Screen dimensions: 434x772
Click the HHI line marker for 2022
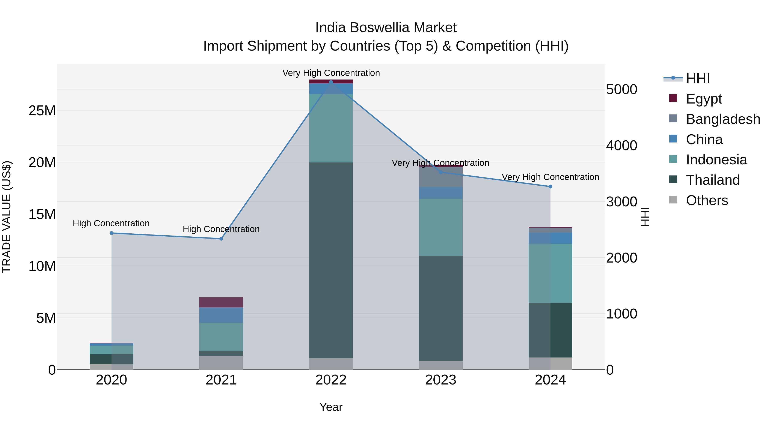coord(331,82)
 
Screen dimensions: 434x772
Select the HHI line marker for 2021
coord(221,239)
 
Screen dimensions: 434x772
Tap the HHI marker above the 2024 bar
coord(550,187)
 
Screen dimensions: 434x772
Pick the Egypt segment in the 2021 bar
coord(221,302)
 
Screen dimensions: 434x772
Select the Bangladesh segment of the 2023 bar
coord(440,177)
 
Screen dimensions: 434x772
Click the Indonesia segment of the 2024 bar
coord(550,273)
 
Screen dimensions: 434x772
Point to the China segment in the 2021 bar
coord(221,315)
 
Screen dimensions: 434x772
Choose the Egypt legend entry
coord(703,99)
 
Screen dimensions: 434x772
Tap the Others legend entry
coord(706,200)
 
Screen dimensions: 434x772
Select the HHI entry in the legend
coord(697,78)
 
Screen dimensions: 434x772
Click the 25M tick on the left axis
coord(42,111)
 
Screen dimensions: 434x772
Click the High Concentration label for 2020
coord(111,224)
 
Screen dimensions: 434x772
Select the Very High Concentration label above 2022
coord(331,73)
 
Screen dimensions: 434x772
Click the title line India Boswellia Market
coord(386,28)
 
